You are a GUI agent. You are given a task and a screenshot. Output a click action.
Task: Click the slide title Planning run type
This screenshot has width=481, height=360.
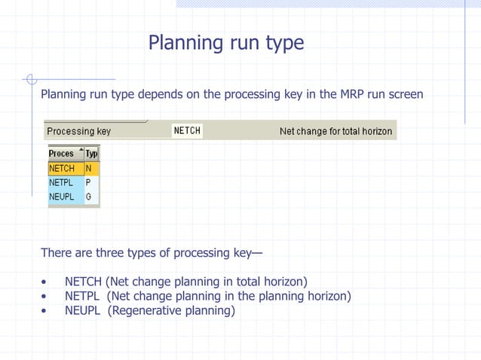click(226, 43)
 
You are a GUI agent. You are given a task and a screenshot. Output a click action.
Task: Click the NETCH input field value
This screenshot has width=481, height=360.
click(187, 131)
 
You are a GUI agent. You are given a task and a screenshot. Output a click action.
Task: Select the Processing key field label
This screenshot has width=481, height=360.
click(78, 131)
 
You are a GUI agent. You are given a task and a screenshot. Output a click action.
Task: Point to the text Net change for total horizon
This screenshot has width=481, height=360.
click(335, 131)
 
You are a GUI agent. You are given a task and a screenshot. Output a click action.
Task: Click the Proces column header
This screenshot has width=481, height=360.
click(61, 154)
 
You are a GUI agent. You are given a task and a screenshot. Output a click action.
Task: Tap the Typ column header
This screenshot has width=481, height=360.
click(92, 154)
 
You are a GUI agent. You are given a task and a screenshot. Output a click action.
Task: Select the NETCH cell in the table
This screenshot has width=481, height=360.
click(62, 169)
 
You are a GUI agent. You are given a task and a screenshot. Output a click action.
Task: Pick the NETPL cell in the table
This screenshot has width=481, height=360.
click(62, 182)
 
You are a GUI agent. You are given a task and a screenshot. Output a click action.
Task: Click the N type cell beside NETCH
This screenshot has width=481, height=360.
click(89, 169)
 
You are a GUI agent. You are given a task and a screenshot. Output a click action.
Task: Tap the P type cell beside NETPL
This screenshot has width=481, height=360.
click(89, 182)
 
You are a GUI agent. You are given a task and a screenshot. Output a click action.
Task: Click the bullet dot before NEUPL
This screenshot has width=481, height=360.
click(44, 310)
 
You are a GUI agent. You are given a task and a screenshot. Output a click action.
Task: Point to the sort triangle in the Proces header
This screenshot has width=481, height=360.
click(79, 151)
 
